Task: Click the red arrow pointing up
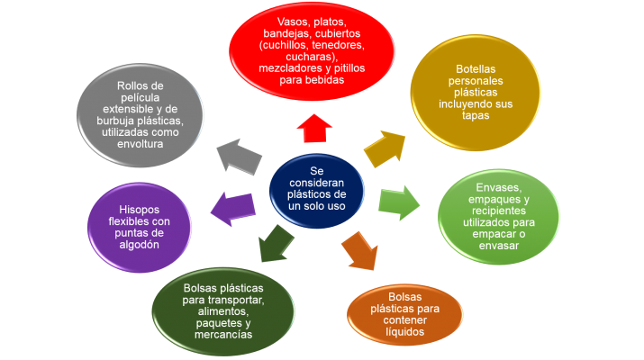(313, 128)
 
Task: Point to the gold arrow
(384, 148)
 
